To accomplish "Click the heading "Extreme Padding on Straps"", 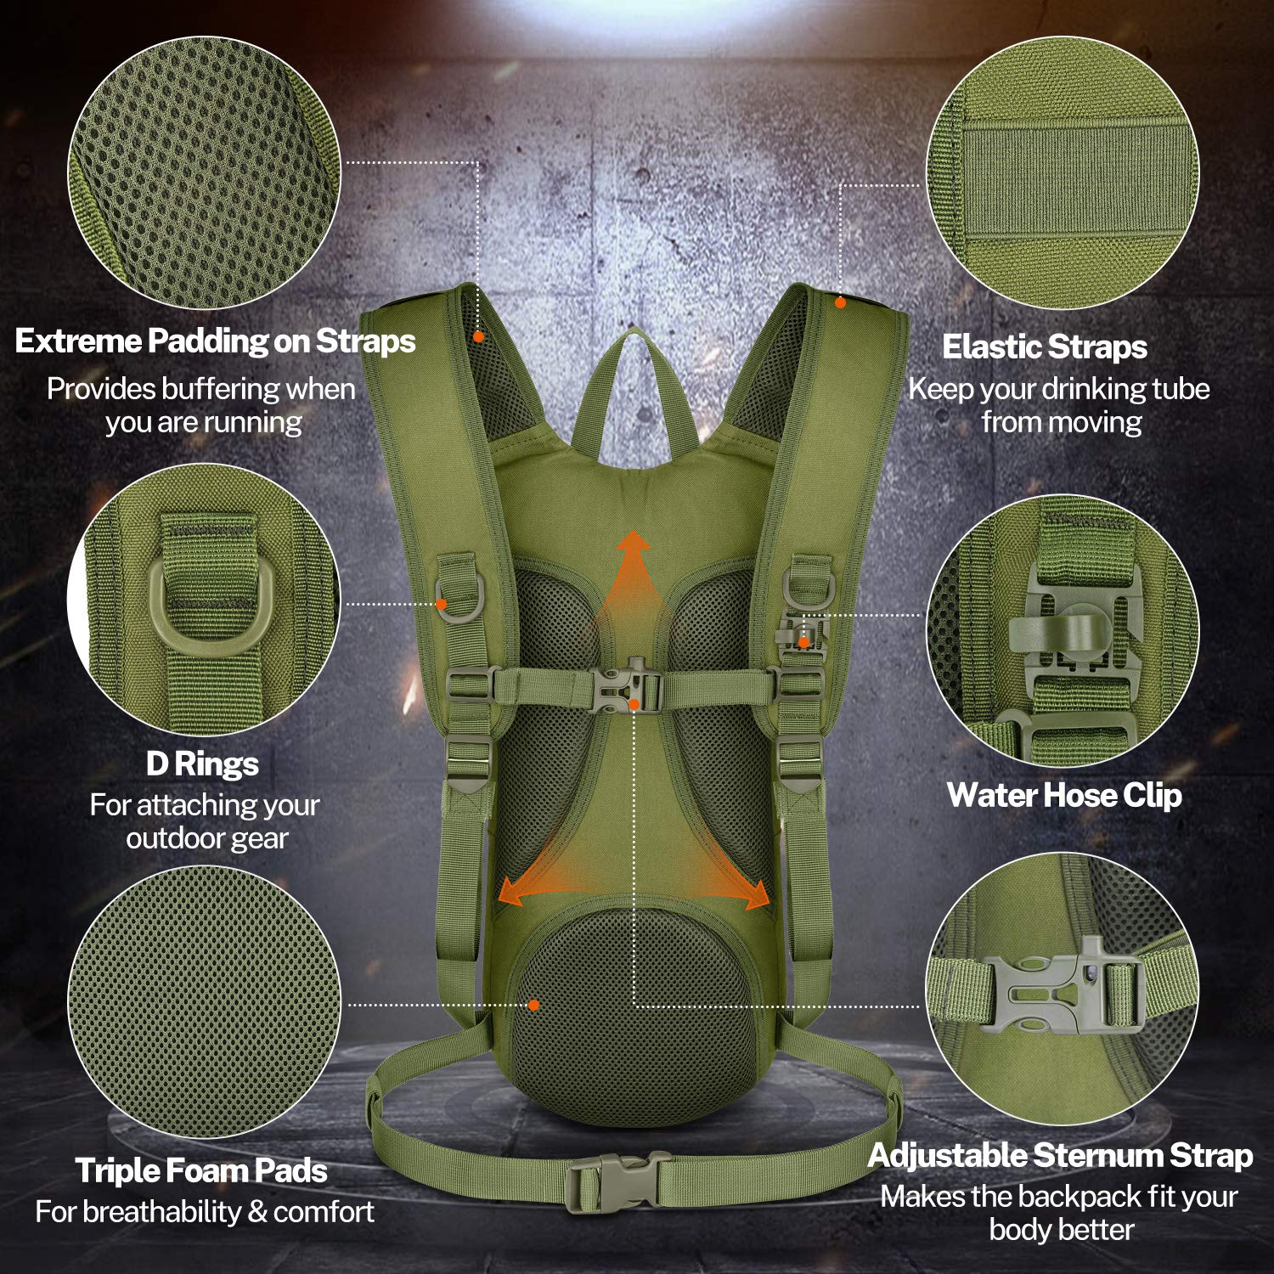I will [x=215, y=341].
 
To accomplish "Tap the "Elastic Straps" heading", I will [x=1044, y=347].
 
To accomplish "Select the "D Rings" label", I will [x=202, y=764].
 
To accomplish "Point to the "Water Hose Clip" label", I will [x=1063, y=796].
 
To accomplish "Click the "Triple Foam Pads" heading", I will [x=201, y=1171].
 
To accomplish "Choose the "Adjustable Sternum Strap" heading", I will [x=1060, y=1156].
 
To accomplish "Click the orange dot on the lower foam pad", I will [x=533, y=1005].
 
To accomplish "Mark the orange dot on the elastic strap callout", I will [x=839, y=302].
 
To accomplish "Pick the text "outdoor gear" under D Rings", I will [x=207, y=839].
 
